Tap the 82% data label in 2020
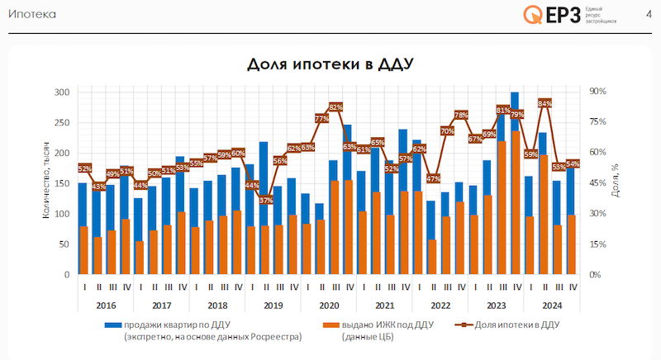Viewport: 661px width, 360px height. pos(335,107)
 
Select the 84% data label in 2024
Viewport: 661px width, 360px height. pos(544,103)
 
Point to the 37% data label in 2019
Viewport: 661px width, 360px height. pos(265,200)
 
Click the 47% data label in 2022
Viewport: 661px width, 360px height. pos(433,178)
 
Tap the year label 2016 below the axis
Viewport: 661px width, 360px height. pos(106,304)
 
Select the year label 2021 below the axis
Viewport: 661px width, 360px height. pos(383,304)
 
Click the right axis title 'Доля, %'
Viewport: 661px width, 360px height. pos(616,182)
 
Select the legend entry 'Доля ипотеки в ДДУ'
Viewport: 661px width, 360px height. pos(508,324)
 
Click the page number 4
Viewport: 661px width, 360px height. pos(648,13)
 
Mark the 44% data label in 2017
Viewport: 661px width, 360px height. pos(140,185)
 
